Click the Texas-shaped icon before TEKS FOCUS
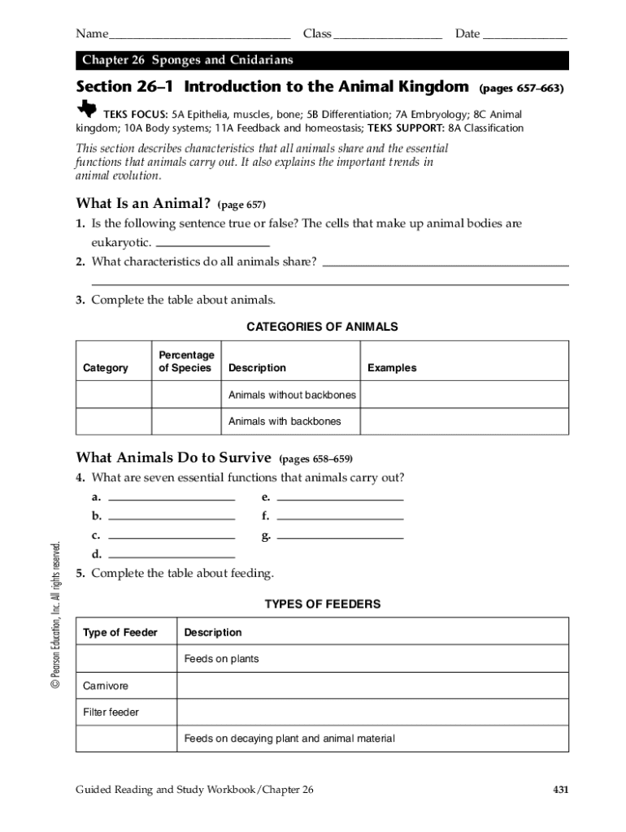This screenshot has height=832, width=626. pos(86,110)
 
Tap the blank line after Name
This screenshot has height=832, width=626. pos(199,36)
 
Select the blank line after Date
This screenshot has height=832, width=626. pos(524,36)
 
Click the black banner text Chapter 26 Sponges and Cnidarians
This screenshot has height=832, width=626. pos(187,61)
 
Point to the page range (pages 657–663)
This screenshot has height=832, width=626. pos(521,88)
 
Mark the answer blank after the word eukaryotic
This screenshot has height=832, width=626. pos(212,243)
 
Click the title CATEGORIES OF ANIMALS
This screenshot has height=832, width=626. pos(322,327)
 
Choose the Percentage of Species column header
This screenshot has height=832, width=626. pos(186,362)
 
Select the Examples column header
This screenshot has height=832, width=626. pos(392,368)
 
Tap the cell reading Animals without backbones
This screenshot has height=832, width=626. pos(292,395)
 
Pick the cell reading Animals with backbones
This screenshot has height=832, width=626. pos(285,421)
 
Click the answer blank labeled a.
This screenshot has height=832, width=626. pos(172,497)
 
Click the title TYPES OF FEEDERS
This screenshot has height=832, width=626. pos(322,604)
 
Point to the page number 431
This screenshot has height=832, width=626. pos(559,789)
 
